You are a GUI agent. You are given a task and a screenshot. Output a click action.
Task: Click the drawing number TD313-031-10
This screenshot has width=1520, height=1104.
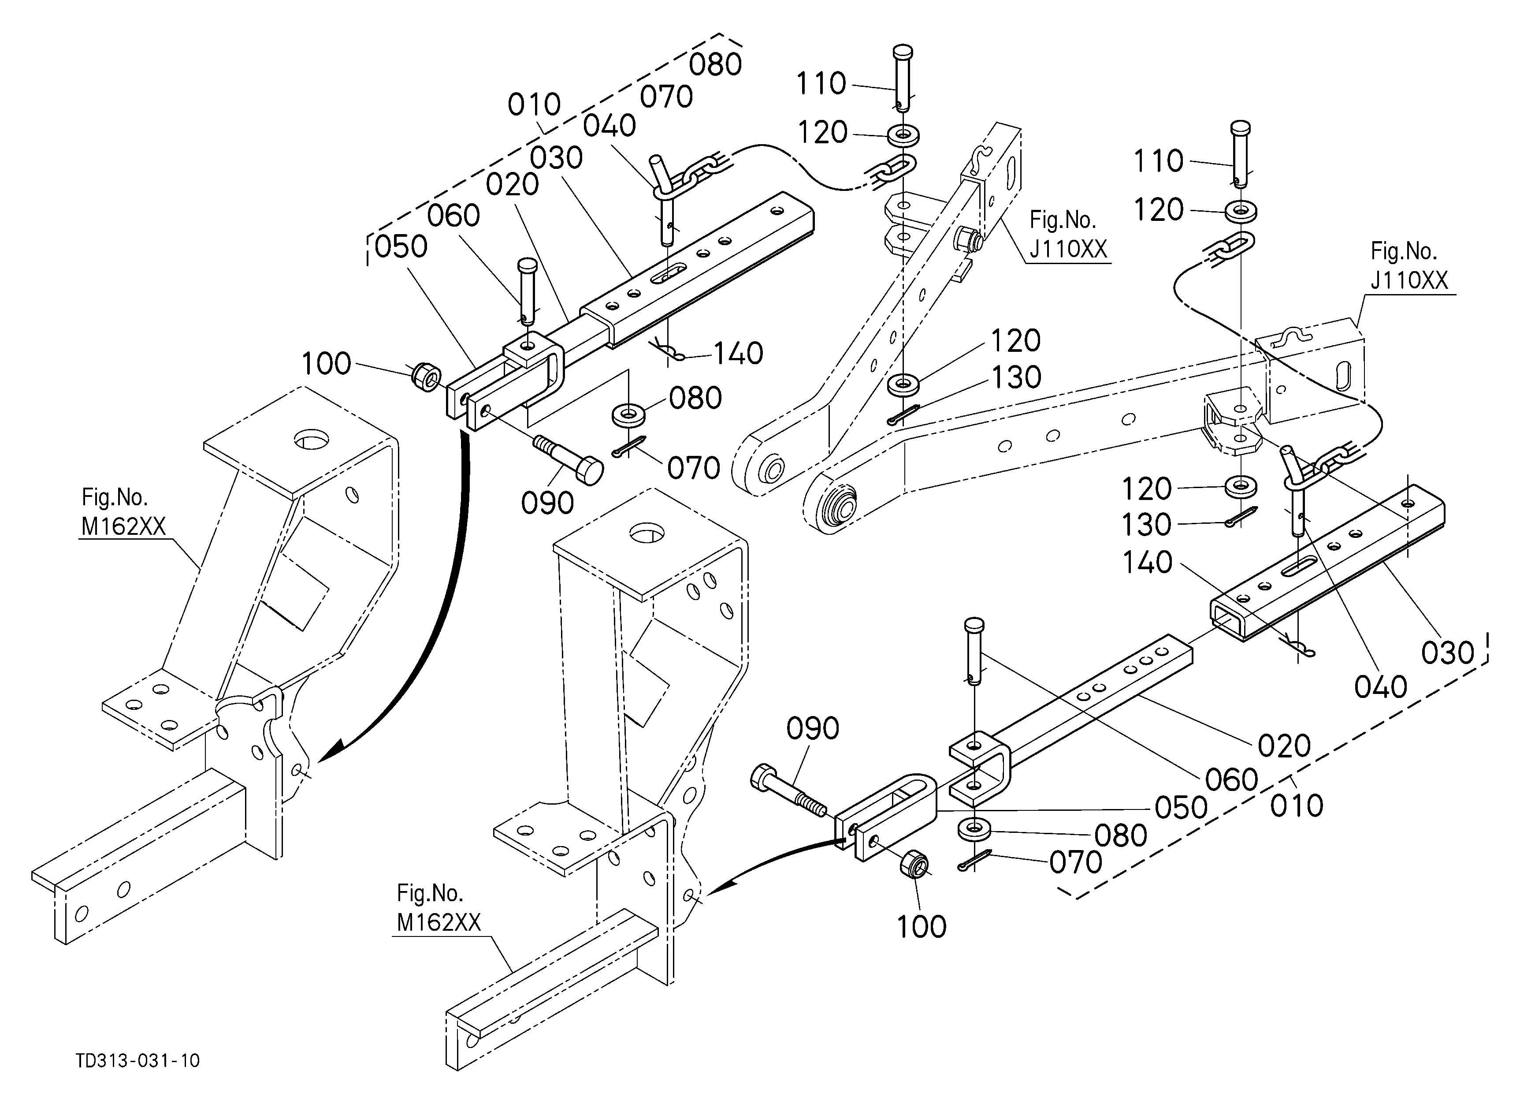138,1060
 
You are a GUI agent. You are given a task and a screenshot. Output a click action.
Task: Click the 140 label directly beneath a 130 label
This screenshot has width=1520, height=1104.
1147,563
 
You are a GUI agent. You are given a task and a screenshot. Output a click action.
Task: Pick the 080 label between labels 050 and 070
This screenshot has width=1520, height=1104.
1121,835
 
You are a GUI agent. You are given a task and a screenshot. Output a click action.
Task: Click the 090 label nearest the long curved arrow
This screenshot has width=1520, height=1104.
547,503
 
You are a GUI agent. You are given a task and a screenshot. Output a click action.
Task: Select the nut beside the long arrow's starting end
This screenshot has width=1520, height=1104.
425,376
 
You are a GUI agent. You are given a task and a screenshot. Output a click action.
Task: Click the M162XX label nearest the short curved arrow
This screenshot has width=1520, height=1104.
439,923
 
